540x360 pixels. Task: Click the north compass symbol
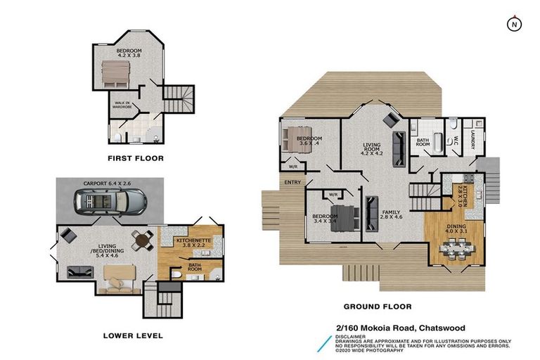click(x=514, y=24)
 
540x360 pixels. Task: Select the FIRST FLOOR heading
click(x=136, y=158)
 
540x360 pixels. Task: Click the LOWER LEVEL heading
click(x=132, y=335)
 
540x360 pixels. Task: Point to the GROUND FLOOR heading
click(x=377, y=307)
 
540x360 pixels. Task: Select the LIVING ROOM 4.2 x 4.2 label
click(x=371, y=150)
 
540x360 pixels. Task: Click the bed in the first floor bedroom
click(x=117, y=72)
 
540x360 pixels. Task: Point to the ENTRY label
click(x=292, y=182)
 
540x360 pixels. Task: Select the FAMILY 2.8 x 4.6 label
click(x=391, y=214)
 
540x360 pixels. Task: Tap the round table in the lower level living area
click(x=143, y=240)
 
